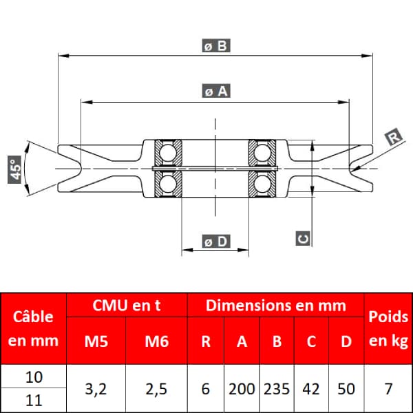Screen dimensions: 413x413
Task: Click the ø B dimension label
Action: point(216,45)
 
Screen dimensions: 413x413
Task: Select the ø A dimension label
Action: point(216,91)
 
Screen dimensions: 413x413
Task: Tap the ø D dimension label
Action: point(216,242)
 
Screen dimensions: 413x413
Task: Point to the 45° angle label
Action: point(14,169)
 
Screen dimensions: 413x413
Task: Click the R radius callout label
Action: point(394,137)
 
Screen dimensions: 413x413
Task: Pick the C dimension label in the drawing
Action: point(303,238)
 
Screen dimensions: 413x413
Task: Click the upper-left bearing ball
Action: point(168,153)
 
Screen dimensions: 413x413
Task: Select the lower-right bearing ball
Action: point(262,184)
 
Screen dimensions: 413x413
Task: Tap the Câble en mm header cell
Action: point(33,328)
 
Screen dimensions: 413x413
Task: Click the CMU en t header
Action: point(127,305)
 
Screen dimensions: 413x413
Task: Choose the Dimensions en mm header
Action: point(276,305)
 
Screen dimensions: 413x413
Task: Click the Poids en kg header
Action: point(388,328)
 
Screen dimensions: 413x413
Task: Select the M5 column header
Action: point(96,341)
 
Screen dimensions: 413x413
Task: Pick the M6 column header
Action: point(157,341)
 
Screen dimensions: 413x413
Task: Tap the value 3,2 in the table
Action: point(96,389)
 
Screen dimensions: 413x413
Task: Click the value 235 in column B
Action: point(277,389)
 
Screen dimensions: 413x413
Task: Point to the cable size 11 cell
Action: point(34,401)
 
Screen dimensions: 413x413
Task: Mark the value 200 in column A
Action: point(242,389)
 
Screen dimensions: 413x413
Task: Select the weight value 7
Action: point(388,389)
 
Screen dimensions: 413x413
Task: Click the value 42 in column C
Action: point(311,389)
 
